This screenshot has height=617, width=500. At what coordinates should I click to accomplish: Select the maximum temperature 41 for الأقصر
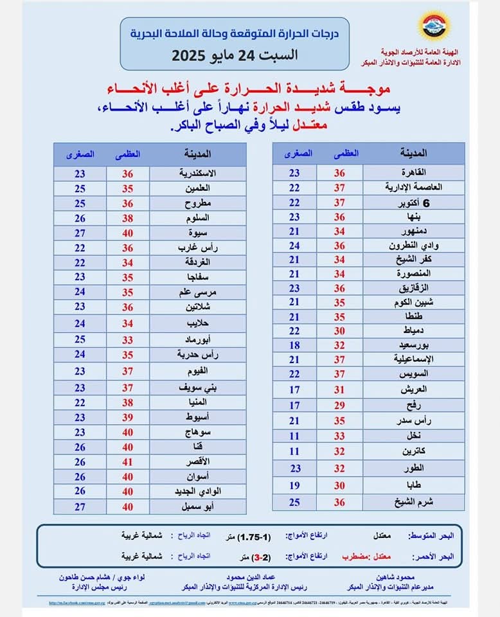(128, 461)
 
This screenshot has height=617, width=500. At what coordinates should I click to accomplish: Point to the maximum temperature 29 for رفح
(339, 405)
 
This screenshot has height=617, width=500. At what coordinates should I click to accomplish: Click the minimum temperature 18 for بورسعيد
(294, 344)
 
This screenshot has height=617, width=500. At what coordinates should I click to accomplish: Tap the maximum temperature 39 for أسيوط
(128, 418)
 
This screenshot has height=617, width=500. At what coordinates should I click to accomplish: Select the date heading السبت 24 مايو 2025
(234, 55)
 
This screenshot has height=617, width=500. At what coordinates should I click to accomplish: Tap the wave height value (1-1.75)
(254, 536)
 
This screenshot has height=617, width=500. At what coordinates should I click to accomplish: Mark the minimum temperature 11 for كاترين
(294, 451)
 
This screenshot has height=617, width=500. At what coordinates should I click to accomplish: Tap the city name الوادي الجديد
(199, 491)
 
